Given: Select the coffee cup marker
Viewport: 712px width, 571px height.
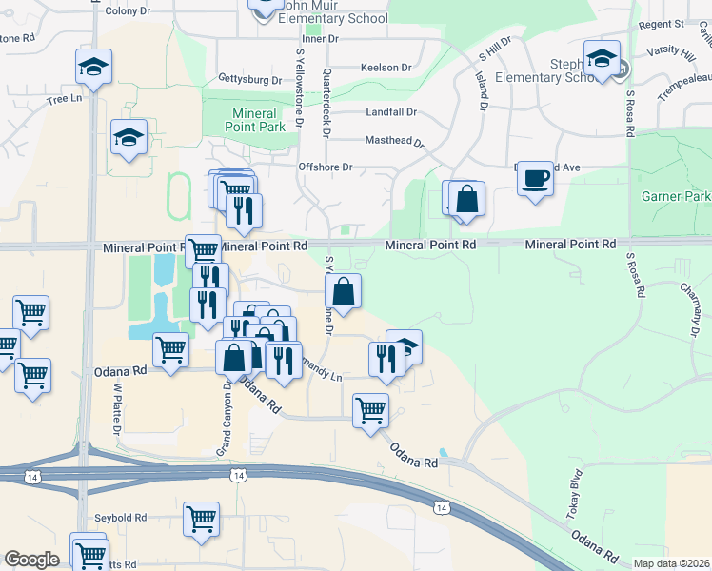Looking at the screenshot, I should click(x=536, y=178).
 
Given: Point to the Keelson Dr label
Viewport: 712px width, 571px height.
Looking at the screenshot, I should click(x=386, y=68).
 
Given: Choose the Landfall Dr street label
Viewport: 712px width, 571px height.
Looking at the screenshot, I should click(x=391, y=111).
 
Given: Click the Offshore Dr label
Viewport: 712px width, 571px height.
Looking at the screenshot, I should click(x=326, y=167).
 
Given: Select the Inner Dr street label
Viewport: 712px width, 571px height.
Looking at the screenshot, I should click(x=319, y=39).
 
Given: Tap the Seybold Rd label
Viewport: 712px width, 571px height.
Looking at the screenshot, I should click(x=120, y=518).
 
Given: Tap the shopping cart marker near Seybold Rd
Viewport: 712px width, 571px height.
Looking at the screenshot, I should click(x=202, y=520).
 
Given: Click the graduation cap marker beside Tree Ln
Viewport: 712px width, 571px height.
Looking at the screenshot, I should click(x=94, y=67).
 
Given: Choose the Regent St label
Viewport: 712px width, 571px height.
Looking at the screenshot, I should click(x=663, y=23).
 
